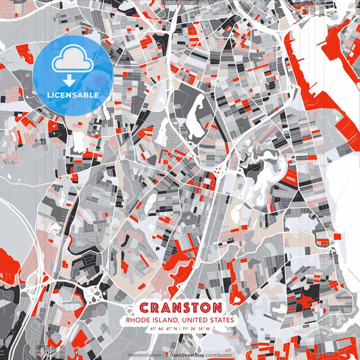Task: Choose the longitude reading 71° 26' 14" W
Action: click(x=199, y=330)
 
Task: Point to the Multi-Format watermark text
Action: click(x=180, y=3)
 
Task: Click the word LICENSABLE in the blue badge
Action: click(x=73, y=95)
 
